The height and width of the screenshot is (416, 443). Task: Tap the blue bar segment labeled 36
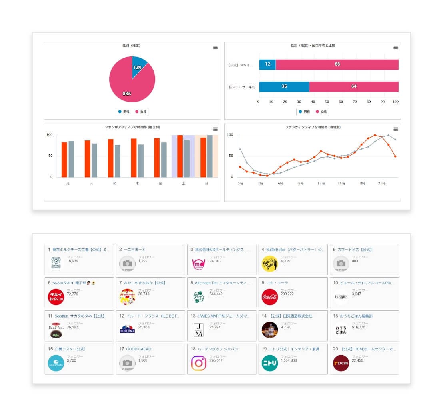click(284, 86)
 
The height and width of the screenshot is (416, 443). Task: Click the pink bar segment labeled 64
click(353, 86)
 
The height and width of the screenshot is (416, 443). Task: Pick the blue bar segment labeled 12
click(267, 64)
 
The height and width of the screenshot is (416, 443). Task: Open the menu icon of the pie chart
click(215, 48)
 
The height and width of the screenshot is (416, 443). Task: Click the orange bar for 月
click(64, 159)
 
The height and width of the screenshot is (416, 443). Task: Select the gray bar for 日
click(210, 156)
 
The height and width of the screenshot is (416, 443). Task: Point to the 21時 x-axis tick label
click(382, 184)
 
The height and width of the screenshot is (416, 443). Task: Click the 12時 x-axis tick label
click(321, 184)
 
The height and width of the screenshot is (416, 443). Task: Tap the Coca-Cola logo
click(270, 297)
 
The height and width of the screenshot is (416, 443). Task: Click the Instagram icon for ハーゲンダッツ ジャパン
click(199, 363)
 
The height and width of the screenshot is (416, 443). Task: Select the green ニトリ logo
click(270, 363)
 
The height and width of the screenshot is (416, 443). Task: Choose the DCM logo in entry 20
click(341, 363)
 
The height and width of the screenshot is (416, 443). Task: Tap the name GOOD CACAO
click(139, 349)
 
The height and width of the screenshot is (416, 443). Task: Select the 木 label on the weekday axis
click(137, 184)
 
